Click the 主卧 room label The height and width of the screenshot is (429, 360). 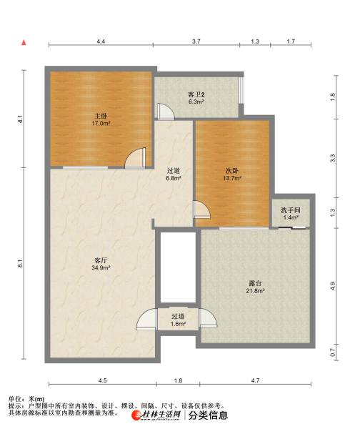pos(101,116)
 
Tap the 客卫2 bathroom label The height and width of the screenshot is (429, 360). pos(196,94)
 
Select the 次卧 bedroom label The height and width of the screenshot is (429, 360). pos(232,171)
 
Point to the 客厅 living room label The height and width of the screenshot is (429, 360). pos(101,260)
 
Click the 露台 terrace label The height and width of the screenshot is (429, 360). pos(255,283)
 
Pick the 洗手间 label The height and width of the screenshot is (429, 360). pos(291,210)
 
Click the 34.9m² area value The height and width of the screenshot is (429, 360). pos(101,267)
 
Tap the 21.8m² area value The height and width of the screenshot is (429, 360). pos(255,290)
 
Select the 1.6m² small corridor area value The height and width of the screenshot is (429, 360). pos(179,324)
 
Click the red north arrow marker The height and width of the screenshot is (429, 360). pos(24,43)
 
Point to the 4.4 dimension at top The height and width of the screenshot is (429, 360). pos(101,41)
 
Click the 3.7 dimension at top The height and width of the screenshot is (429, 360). pos(196,41)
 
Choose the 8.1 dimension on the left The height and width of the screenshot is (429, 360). pos(20,263)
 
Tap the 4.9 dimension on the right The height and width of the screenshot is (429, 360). pos(333,286)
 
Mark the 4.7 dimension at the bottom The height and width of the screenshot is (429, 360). pos(255,380)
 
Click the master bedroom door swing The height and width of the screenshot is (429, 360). pos(135,158)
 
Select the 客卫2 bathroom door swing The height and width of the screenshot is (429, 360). pos(166,112)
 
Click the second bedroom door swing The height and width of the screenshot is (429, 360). pos(201,209)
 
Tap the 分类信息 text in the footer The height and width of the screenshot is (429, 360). pos(208,415)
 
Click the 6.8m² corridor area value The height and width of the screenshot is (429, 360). pos(174,178)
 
